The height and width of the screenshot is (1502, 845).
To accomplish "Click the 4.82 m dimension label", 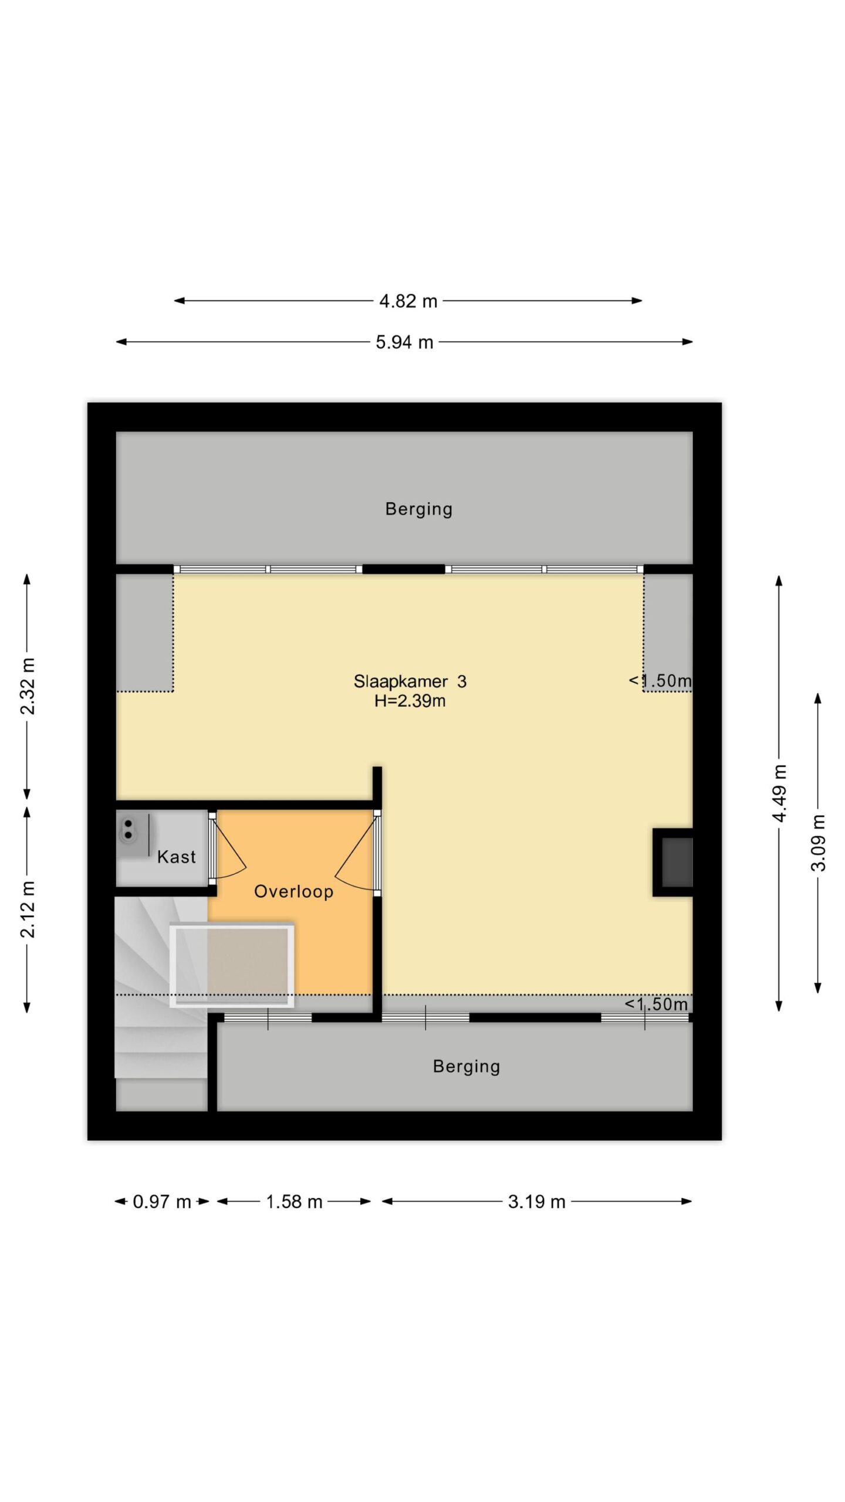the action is coord(408,301).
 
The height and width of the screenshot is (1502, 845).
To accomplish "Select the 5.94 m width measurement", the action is coord(404,342).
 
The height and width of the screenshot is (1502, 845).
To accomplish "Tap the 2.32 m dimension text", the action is coord(28,686).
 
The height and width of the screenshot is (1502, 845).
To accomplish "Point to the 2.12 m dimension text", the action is coord(28,909).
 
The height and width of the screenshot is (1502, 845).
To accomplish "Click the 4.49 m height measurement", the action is coord(779,793).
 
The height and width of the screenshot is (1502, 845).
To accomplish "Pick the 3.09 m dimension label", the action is coord(818,843).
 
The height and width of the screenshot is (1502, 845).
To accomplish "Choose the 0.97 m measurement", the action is coord(162,1202).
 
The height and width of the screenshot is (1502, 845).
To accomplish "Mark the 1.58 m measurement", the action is coord(294,1202).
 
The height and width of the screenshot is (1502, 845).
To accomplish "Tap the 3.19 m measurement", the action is coord(536,1202).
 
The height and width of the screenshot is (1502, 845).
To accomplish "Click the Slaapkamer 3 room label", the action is coord(410,681).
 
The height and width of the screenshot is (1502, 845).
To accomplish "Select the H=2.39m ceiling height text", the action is coord(410,701).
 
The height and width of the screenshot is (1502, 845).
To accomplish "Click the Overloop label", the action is coord(293,891).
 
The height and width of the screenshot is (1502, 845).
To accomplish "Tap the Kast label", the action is coord(176,857).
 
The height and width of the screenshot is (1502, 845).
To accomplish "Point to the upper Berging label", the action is coord(418,509).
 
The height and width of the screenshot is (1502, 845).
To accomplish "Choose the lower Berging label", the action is coord(466,1066).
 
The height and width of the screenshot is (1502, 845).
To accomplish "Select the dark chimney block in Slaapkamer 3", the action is coord(673,862).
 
